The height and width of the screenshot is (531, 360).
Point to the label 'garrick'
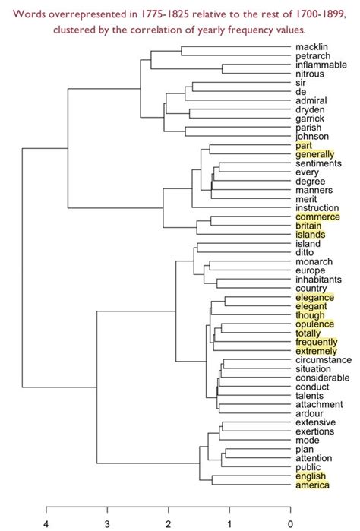pos(311,119)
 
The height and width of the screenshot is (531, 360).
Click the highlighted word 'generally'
pos(315,154)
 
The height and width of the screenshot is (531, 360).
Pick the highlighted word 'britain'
pos(309,226)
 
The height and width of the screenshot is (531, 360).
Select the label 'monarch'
pos(312,262)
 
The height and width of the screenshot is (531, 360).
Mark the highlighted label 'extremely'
pos(317,350)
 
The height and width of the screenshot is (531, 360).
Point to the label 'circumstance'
pos(323,359)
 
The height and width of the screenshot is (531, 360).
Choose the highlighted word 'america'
pos(312,485)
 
